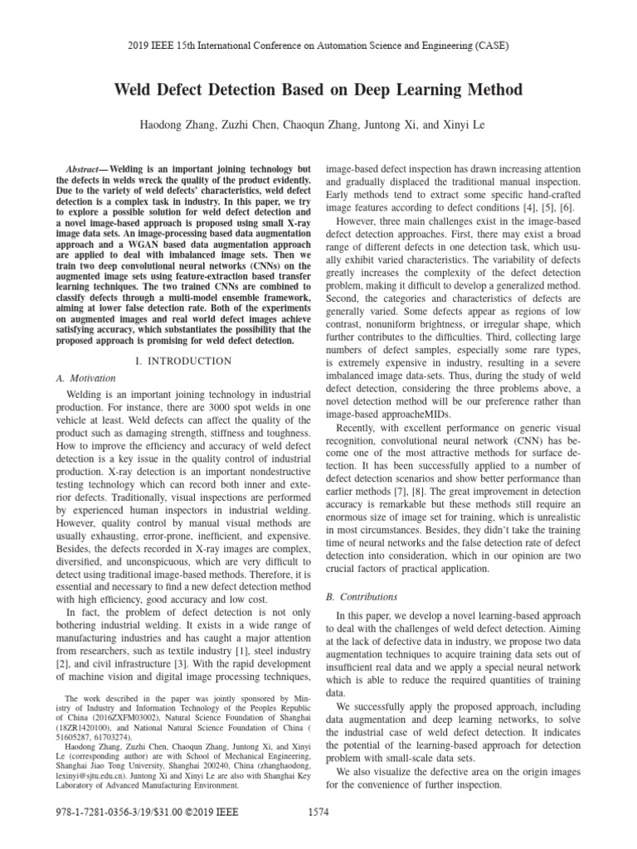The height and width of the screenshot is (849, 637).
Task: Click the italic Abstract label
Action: (x=85, y=167)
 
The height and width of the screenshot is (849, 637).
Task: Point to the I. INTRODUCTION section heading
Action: (x=183, y=361)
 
